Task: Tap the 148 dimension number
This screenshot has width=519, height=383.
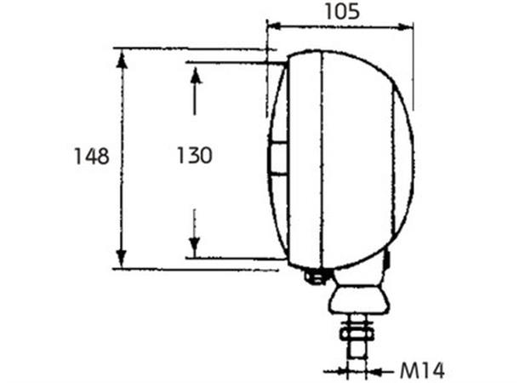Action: tap(91, 157)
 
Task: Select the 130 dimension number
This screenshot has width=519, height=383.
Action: tap(194, 156)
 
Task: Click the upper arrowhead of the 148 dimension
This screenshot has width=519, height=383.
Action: tap(123, 58)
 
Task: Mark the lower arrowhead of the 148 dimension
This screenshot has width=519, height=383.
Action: tap(123, 259)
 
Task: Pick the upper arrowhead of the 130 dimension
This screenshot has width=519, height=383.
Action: tap(195, 75)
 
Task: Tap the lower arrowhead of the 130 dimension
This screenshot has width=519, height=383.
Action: tap(195, 248)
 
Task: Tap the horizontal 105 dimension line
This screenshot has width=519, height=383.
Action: tap(340, 26)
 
